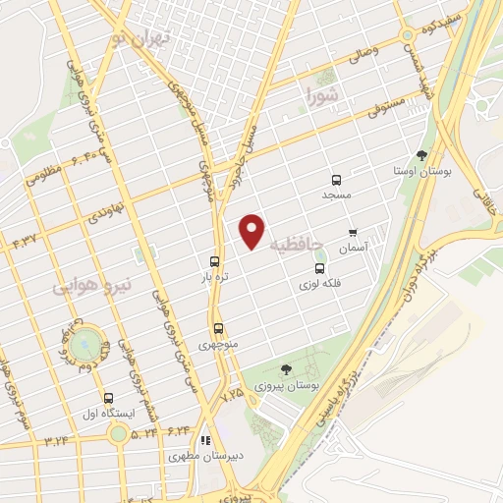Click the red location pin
pyautogui.click(x=253, y=231)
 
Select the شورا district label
pyautogui.click(x=321, y=96)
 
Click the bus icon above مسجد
pyautogui.click(x=337, y=180)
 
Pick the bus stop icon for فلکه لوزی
pyautogui.click(x=319, y=268)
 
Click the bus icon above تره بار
pyautogui.click(x=214, y=262)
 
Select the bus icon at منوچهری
pyautogui.click(x=218, y=329)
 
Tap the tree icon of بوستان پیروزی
pyautogui.click(x=286, y=369)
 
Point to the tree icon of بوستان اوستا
pyautogui.click(x=421, y=154)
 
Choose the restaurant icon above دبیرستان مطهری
pyautogui.click(x=205, y=441)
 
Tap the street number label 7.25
pyautogui.click(x=232, y=393)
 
